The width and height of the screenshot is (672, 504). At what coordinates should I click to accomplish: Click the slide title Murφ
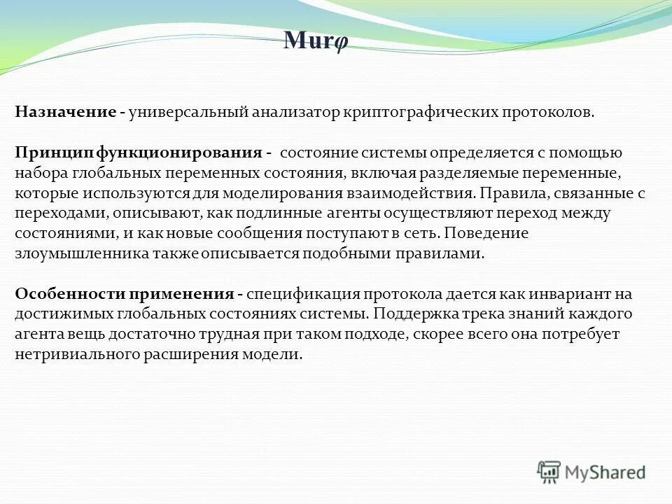[x=316, y=41]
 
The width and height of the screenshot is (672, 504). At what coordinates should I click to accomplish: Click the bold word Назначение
[x=65, y=113]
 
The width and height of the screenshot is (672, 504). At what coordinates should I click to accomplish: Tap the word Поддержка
[x=414, y=314]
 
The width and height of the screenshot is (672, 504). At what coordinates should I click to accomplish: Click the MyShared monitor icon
[x=549, y=471]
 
